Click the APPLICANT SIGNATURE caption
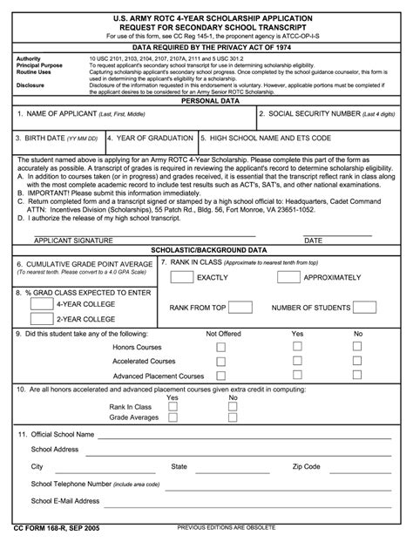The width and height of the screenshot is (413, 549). [x=73, y=240]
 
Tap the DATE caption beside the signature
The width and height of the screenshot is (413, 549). [x=313, y=240]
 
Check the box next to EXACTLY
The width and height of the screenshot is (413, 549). [x=181, y=277]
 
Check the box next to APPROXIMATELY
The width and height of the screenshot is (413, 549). [x=288, y=277]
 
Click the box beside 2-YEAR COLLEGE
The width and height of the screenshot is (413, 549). [x=37, y=321]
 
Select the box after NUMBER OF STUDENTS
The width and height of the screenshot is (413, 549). [x=367, y=308]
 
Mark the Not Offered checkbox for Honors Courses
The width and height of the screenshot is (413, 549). [x=220, y=347]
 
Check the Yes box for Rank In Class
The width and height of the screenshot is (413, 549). [x=173, y=406]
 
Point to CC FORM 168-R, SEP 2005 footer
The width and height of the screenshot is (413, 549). [x=56, y=529]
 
